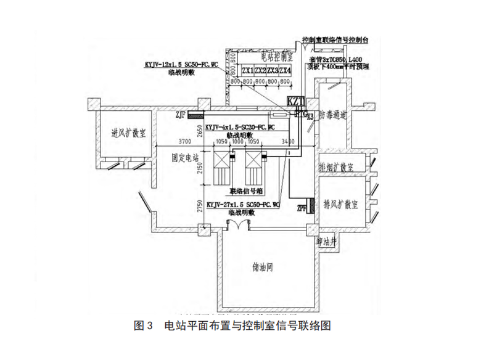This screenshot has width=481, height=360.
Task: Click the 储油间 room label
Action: pyautogui.click(x=263, y=269)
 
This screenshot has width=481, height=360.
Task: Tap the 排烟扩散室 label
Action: pyautogui.click(x=335, y=168)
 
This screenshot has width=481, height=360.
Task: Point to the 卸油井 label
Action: pyautogui.click(x=327, y=242)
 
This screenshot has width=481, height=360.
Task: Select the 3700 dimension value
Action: pyautogui.click(x=166, y=142)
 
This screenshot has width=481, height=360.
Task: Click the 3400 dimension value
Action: pyautogui.click(x=287, y=142)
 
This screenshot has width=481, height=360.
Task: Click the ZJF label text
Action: pyautogui.click(x=180, y=114)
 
